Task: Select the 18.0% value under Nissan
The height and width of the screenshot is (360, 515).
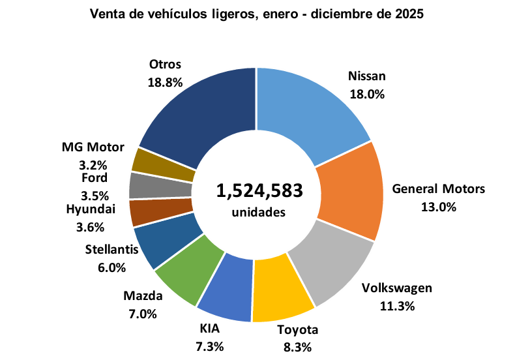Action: click(x=366, y=93)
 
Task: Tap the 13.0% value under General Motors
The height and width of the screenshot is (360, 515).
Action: click(x=438, y=207)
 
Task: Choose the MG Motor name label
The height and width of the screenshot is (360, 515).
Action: click(x=93, y=148)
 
